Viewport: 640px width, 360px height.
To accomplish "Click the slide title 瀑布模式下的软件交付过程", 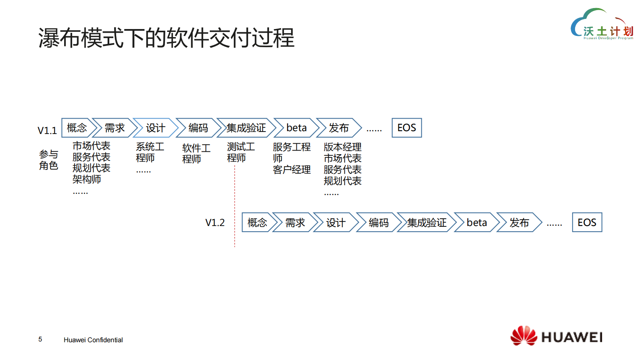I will (x=166, y=38).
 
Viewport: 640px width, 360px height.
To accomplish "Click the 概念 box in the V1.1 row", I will (x=77, y=128).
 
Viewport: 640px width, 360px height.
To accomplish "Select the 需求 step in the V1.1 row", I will (x=115, y=128).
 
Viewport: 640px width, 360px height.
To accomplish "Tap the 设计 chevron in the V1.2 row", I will (x=336, y=222).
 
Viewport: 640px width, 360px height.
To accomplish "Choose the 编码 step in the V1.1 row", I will (x=198, y=128).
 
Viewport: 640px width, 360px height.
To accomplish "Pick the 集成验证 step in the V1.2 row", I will (x=427, y=222).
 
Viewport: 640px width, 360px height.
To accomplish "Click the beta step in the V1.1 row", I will (x=296, y=128).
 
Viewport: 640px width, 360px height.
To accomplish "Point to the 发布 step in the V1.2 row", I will (x=519, y=222).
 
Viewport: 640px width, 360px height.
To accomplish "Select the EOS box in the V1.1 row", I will (x=407, y=128).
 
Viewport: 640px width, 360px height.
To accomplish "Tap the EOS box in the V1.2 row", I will (x=587, y=222).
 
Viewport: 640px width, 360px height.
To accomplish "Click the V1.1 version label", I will (x=47, y=130).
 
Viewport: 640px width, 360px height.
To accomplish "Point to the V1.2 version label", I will (x=215, y=222).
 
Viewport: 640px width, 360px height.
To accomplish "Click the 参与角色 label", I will (x=48, y=160).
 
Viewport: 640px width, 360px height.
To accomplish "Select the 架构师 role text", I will (x=87, y=179).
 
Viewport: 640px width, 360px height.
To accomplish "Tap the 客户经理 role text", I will (x=292, y=170).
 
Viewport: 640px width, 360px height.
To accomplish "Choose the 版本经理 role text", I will (x=342, y=147).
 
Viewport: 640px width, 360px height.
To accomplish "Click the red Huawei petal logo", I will (x=523, y=336).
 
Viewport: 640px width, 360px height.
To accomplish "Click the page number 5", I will (x=40, y=339).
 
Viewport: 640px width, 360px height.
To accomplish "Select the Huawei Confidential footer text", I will (x=93, y=340).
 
